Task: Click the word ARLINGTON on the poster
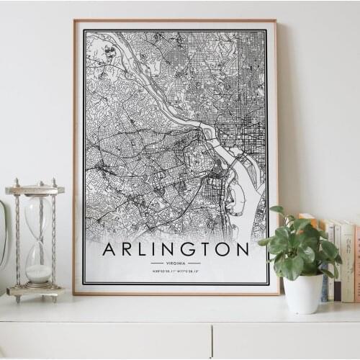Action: pos(175,250)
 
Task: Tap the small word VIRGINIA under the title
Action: pos(176,264)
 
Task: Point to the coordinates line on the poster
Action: pos(176,272)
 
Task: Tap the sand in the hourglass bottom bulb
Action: pos(39,274)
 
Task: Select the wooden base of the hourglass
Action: pos(35,292)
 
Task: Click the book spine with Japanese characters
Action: pos(348,252)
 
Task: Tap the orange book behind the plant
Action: pos(308,217)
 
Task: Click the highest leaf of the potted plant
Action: pos(276,210)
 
